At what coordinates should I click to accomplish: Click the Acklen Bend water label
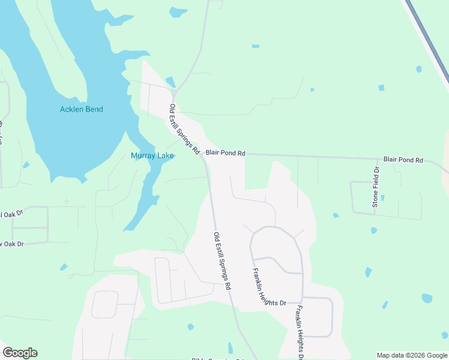[x=82, y=109]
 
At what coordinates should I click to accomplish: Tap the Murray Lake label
[x=152, y=156]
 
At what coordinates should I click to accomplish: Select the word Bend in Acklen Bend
[x=94, y=109]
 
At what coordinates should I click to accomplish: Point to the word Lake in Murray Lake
[x=164, y=156]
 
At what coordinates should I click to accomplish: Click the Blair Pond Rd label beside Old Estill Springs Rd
[x=226, y=153]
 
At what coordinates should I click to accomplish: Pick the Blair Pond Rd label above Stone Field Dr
[x=403, y=160]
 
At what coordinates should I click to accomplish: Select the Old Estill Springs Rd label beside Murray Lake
[x=184, y=130]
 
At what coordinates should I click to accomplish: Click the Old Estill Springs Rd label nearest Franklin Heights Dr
[x=222, y=262]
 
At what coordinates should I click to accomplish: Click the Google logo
[x=20, y=353]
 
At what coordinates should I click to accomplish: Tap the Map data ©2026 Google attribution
[x=411, y=355]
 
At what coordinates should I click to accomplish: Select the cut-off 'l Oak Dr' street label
[x=11, y=213]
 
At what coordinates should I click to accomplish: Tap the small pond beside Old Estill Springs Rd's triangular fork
[x=170, y=82]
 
